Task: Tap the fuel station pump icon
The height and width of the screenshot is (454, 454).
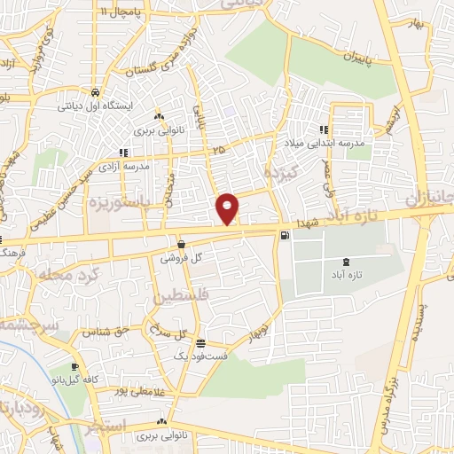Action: coord(284,235)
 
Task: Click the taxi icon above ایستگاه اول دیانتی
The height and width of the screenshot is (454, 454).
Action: coord(94,91)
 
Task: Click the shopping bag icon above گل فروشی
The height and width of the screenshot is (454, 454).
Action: coord(181,245)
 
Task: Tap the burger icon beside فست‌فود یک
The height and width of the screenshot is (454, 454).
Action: coord(201,343)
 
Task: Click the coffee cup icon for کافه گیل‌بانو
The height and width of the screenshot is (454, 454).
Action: coord(74,366)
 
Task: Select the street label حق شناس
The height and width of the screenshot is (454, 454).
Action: coord(102,333)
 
